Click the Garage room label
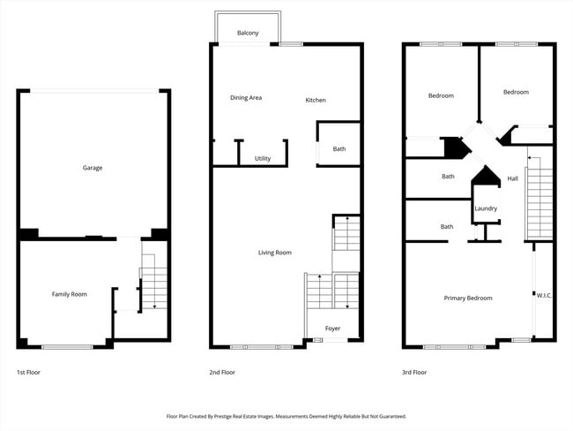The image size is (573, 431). [x=93, y=168]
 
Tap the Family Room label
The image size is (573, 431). [x=70, y=294]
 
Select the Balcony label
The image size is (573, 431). [x=248, y=34]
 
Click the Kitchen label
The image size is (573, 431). [x=316, y=100]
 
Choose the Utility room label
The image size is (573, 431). [x=263, y=159]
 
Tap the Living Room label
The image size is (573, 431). [x=274, y=253]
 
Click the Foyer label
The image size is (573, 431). [x=332, y=329]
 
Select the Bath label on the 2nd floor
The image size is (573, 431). [x=339, y=149]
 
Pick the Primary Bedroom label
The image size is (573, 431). [x=467, y=299]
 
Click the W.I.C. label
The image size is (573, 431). [x=544, y=295]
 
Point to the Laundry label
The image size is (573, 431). [x=486, y=208]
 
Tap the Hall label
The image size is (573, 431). [x=513, y=178]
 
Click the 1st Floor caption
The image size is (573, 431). [x=28, y=373]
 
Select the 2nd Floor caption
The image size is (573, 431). [x=222, y=373]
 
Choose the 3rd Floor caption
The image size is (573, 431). [x=414, y=373]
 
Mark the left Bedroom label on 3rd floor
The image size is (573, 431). [x=441, y=95]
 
